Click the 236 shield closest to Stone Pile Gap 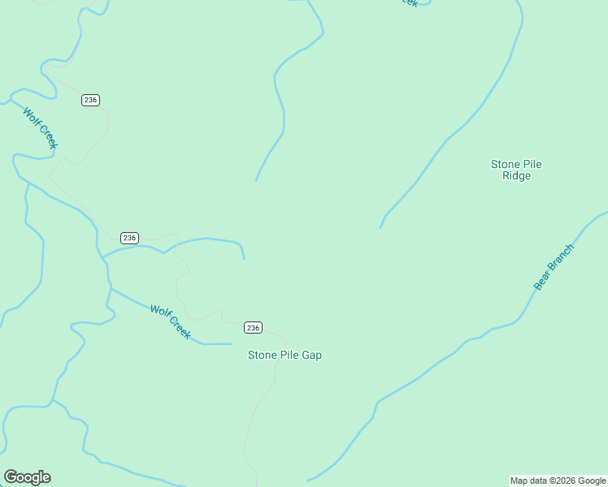[x=253, y=327]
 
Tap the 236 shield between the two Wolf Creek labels [x=129, y=238]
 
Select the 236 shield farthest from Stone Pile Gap [x=90, y=100]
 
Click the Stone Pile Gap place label [x=284, y=355]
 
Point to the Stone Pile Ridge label [x=516, y=170]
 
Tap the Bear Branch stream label [x=554, y=267]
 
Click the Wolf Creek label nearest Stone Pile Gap [x=170, y=321]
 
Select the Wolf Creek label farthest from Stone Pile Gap [x=40, y=128]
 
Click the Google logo [x=27, y=477]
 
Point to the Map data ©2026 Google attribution [x=558, y=481]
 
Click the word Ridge [x=516, y=175]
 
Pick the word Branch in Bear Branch [x=560, y=259]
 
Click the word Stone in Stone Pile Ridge [x=506, y=164]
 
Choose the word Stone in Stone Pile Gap [x=263, y=355]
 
